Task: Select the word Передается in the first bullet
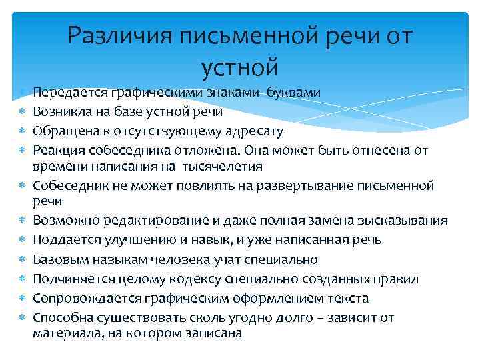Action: (x=65, y=92)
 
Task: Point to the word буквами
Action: (x=293, y=92)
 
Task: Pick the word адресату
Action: (x=257, y=131)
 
